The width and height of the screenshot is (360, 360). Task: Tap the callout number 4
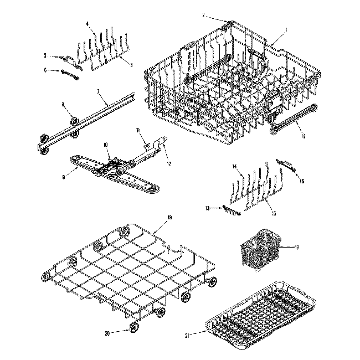click(88, 23)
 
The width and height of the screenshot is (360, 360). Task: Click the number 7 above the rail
click(98, 90)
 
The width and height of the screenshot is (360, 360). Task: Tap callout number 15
click(302, 181)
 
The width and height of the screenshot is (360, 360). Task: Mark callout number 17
click(303, 135)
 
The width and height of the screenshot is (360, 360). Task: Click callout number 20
click(107, 333)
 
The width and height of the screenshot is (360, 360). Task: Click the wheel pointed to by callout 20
click(134, 328)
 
